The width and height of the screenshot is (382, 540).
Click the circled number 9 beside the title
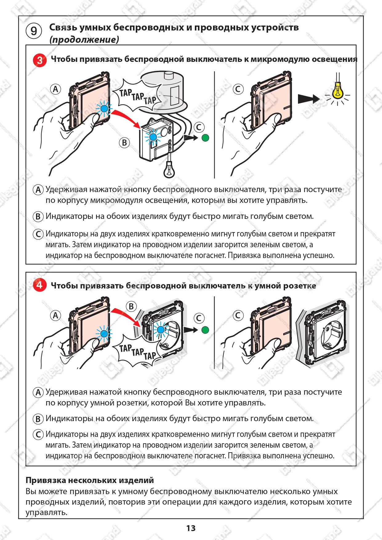(34, 31)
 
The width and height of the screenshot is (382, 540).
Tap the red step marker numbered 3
(40, 60)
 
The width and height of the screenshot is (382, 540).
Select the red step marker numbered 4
(40, 285)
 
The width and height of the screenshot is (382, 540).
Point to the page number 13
(191, 528)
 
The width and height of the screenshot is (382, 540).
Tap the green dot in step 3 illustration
(205, 138)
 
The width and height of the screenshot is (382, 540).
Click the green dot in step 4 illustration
(205, 330)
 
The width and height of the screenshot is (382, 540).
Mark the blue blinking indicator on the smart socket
(161, 330)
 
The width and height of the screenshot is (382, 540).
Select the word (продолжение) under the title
(84, 40)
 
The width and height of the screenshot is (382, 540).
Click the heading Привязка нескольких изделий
(90, 480)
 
